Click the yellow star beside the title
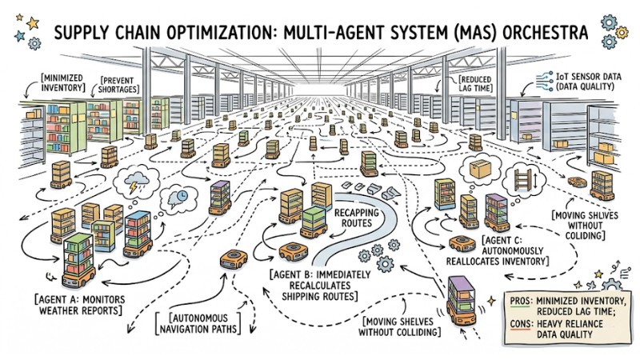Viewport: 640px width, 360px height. pyautogui.click(x=32, y=23)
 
